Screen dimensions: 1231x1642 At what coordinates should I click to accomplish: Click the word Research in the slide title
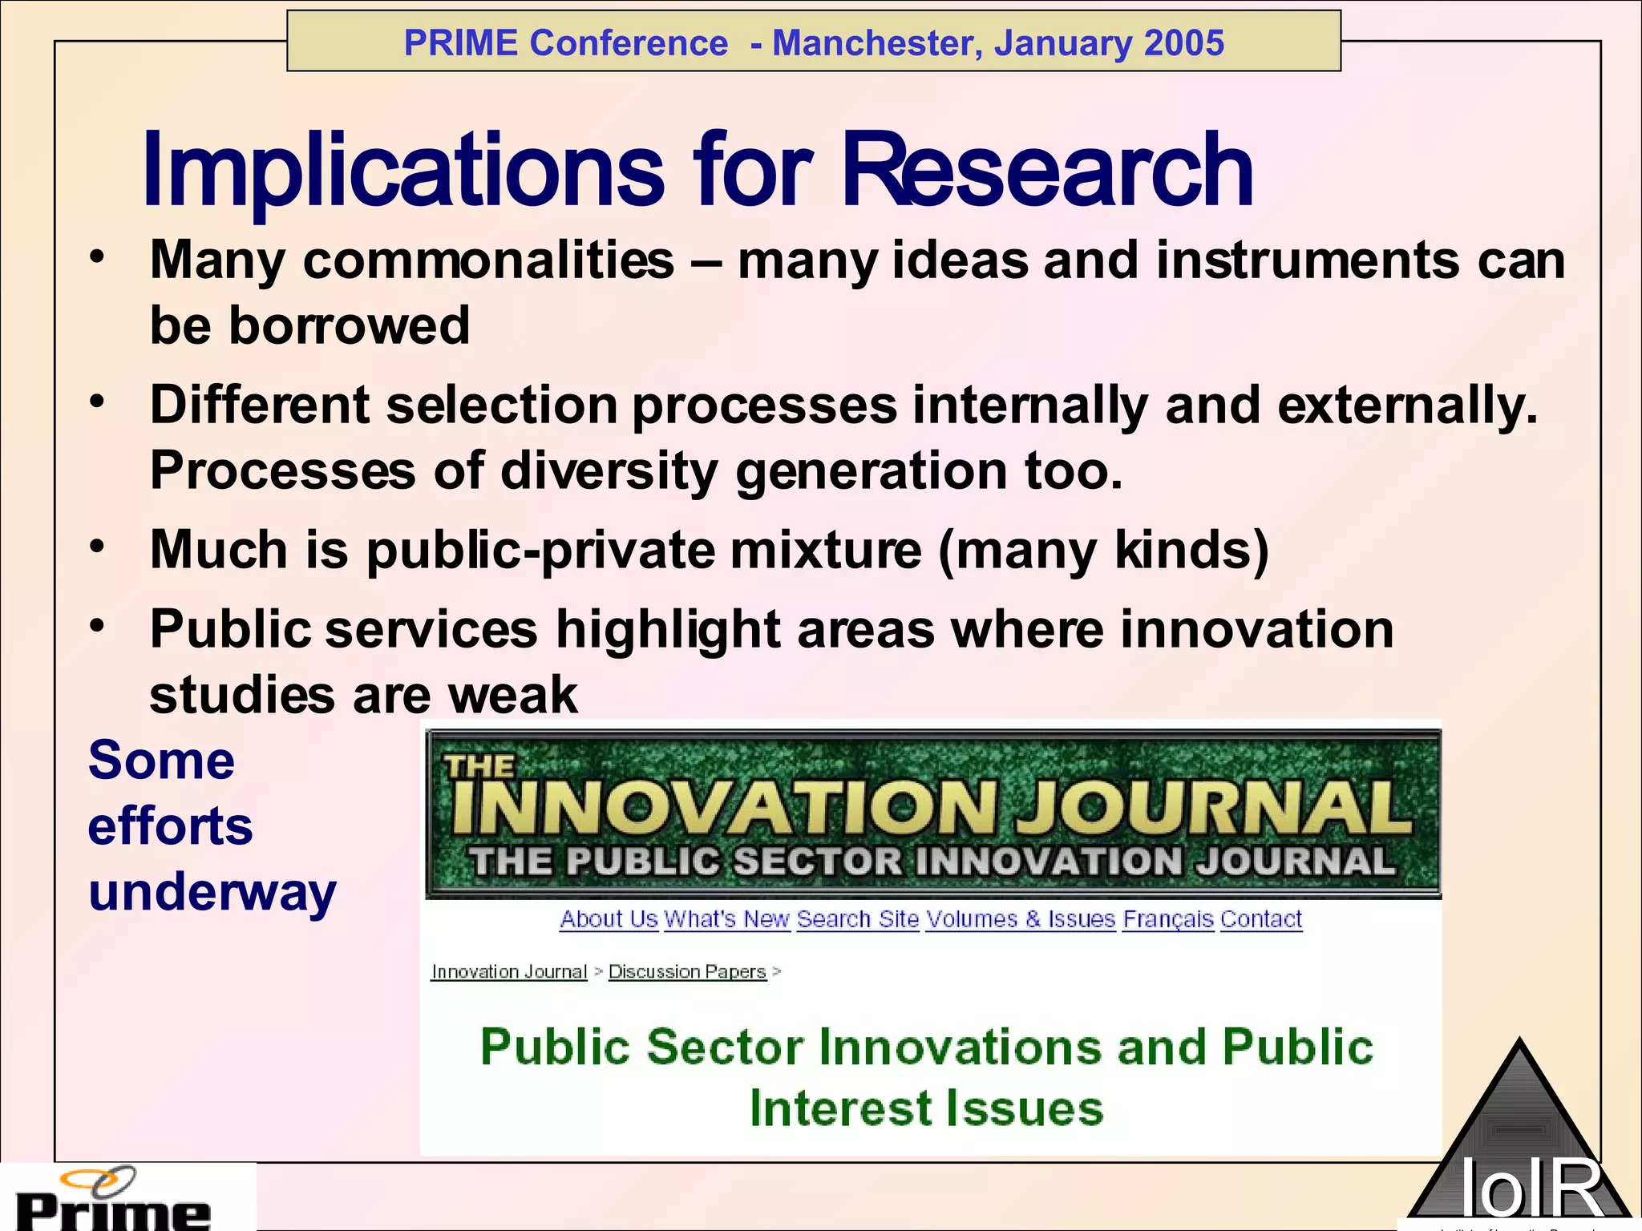[1047, 170]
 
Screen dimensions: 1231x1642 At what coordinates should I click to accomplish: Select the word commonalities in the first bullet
[489, 260]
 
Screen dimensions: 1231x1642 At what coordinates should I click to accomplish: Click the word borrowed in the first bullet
[350, 325]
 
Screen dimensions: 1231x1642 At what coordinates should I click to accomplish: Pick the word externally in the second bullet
[1407, 405]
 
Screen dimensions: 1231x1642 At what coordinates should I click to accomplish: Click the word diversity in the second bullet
[609, 470]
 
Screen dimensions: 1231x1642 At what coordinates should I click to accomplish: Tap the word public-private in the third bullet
[540, 550]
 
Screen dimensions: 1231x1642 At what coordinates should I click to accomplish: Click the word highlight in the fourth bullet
[668, 629]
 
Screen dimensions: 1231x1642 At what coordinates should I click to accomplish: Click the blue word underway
[212, 892]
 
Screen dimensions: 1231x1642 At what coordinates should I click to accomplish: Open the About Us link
[609, 919]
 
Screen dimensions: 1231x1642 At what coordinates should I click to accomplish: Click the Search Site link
[858, 919]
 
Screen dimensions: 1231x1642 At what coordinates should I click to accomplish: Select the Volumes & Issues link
[1021, 919]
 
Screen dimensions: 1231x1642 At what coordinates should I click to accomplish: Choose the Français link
[1168, 919]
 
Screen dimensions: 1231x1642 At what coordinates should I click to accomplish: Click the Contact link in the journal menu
[1261, 919]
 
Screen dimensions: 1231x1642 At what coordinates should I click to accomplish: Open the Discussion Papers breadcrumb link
[687, 971]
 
